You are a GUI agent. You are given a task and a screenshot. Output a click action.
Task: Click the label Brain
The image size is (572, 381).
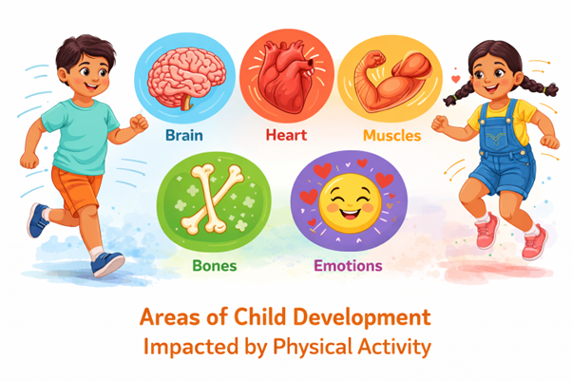click(183, 135)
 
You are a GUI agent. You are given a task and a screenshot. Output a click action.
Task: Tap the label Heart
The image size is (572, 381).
click(286, 135)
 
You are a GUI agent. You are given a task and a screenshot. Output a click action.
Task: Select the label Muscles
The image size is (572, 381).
click(391, 135)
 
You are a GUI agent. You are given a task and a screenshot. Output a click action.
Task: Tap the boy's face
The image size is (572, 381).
click(82, 67)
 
